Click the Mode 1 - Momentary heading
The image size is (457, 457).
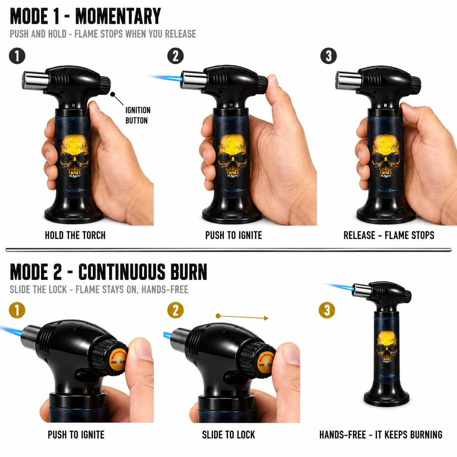(x=85, y=16)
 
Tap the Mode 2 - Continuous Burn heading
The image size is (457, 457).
(x=108, y=272)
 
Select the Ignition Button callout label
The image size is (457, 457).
(x=138, y=115)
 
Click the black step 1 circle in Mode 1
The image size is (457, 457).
(x=17, y=56)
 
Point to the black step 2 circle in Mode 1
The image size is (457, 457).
(x=176, y=56)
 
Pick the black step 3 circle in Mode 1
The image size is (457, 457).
(x=328, y=56)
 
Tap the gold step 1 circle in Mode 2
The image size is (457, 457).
(x=17, y=310)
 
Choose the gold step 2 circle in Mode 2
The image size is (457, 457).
(x=176, y=310)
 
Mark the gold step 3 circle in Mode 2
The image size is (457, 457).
(x=327, y=310)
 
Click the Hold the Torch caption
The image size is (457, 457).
(x=75, y=235)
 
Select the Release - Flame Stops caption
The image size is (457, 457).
(x=389, y=235)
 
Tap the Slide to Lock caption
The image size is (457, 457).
(x=228, y=435)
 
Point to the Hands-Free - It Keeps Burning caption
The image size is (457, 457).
(x=380, y=435)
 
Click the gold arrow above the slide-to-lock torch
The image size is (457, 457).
(x=242, y=317)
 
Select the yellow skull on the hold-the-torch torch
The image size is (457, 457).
(x=74, y=156)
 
